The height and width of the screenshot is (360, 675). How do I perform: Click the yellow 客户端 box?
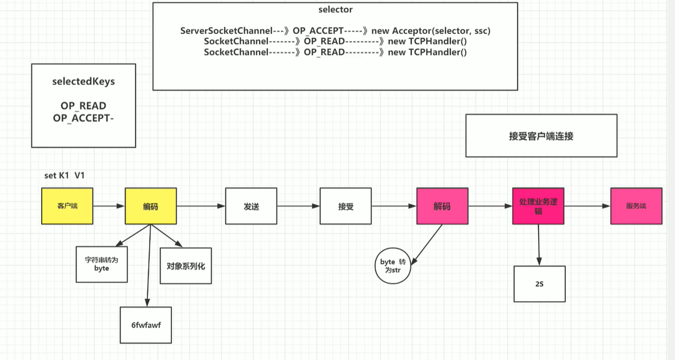67,206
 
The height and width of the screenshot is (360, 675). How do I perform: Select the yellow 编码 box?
150,206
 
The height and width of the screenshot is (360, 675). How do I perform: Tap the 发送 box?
251,206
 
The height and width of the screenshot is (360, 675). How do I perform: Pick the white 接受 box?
345,206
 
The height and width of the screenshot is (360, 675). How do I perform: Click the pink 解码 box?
442,206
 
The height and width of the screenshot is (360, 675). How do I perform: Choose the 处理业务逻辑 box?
539,206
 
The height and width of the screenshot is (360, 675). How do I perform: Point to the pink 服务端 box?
636,206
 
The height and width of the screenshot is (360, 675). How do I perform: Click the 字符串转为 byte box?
101,264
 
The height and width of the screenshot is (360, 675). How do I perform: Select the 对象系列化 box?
186,266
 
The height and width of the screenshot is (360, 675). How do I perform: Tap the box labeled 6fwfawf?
146,325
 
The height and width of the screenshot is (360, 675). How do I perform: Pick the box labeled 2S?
540,284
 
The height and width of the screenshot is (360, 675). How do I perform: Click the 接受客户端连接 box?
541,136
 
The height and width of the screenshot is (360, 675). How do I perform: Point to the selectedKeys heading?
83,81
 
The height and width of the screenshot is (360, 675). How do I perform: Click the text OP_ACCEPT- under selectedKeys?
83,117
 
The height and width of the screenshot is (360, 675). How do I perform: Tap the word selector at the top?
335,9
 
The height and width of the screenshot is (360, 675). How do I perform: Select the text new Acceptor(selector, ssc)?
437,31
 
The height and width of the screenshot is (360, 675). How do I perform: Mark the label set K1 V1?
64,176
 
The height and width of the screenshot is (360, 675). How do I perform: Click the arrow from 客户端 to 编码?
109,206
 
